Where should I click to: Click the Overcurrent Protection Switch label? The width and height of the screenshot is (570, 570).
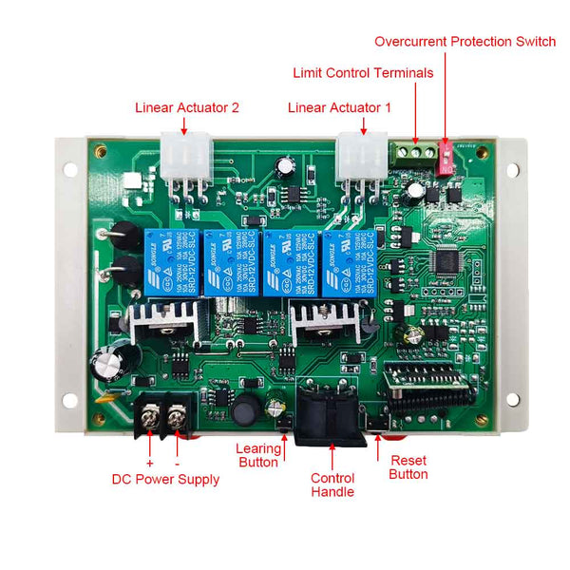(465, 42)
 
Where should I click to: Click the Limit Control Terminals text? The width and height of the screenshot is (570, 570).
(363, 73)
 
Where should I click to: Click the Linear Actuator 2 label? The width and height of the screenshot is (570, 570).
(186, 107)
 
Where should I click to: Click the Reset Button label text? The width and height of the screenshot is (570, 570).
(408, 466)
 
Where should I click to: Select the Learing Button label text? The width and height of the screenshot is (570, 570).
(257, 455)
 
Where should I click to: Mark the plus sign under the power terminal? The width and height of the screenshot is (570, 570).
(149, 463)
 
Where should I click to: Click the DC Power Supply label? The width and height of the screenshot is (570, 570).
(165, 480)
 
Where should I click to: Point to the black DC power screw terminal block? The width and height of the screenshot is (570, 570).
(165, 417)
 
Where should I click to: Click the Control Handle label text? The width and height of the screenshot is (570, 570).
(332, 484)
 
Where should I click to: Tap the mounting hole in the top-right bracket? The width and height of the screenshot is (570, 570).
(512, 171)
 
